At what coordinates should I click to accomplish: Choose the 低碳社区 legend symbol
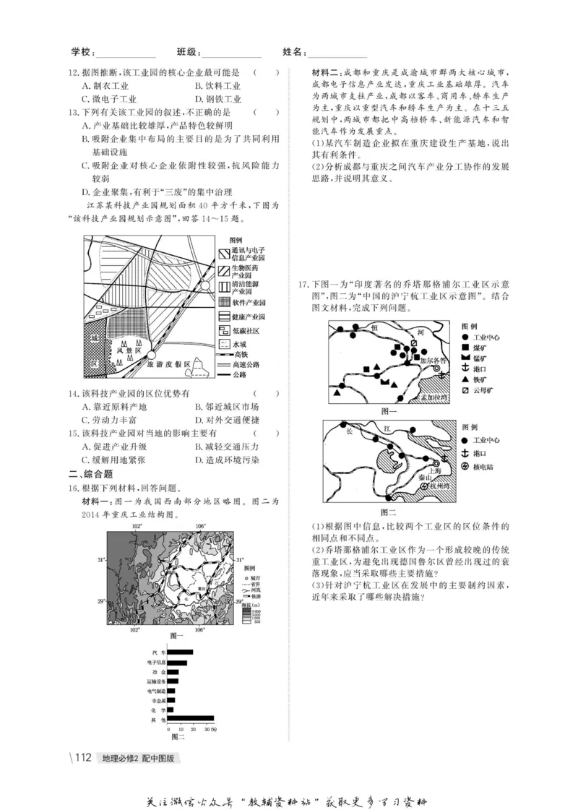pyautogui.click(x=223, y=330)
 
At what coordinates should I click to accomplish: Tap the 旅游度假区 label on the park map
pyautogui.click(x=168, y=366)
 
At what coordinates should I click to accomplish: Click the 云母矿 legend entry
pyautogui.click(x=484, y=390)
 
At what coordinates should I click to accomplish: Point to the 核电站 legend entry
pyautogui.click(x=483, y=467)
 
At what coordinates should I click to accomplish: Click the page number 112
pyautogui.click(x=82, y=758)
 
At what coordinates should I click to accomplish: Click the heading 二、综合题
pyautogui.click(x=90, y=474)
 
